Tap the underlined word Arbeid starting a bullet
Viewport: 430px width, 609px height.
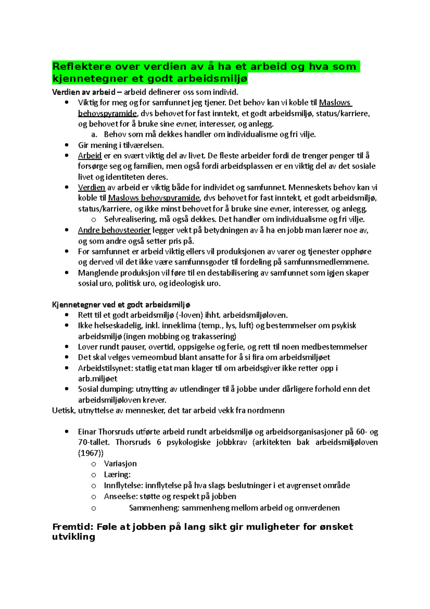pos(90,156)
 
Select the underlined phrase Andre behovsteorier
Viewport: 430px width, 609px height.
pos(114,230)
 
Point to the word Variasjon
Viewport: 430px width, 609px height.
pos(120,464)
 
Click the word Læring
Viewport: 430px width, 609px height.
pos(117,475)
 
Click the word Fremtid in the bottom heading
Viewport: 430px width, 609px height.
pos(73,527)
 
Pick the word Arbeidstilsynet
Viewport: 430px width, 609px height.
pos(105,368)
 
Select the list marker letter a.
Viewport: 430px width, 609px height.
pos(94,135)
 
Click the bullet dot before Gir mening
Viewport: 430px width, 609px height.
pos(66,145)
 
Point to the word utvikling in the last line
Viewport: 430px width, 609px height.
pos(73,537)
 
